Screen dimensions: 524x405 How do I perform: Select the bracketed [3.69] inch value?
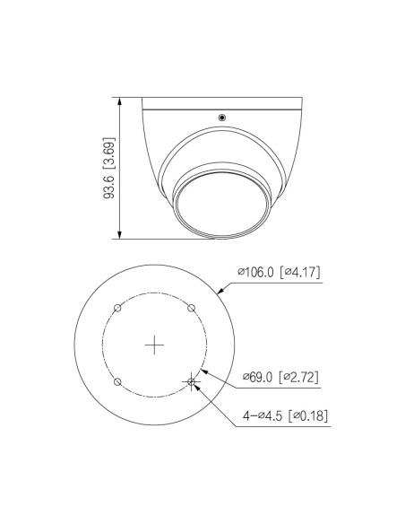(109, 152)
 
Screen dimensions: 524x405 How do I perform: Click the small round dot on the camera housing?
(221, 116)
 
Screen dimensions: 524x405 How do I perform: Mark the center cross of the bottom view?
(156, 345)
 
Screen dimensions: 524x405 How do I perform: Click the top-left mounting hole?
(118, 308)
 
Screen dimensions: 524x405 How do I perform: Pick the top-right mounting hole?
(192, 308)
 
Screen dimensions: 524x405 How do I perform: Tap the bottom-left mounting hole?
(118, 381)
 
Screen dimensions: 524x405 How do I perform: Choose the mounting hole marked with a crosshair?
(192, 381)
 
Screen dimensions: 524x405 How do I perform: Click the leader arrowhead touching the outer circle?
(221, 290)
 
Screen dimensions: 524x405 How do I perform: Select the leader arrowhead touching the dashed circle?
(206, 370)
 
